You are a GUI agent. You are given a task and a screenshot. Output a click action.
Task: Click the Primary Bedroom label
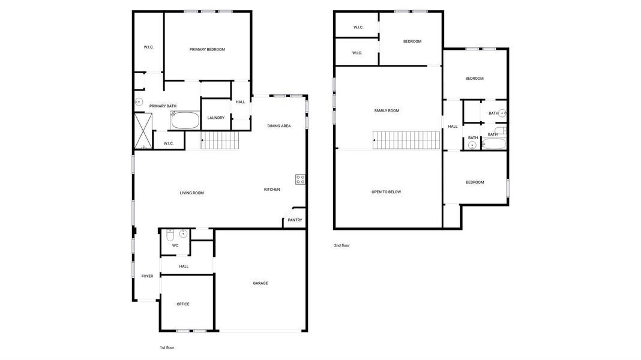click(207, 49)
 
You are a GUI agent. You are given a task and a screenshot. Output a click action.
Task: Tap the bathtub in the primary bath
click(184, 121)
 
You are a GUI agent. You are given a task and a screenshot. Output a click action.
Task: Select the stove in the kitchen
click(300, 179)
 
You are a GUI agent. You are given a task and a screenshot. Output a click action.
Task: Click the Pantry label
click(295, 220)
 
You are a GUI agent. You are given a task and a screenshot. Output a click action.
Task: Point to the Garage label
click(260, 283)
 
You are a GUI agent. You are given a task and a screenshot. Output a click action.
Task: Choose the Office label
click(183, 304)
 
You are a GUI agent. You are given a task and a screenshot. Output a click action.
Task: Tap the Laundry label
click(216, 118)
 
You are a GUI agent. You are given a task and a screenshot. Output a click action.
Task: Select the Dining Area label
click(279, 126)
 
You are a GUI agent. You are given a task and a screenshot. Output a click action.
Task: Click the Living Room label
click(192, 193)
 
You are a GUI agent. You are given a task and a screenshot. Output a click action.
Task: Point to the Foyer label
click(147, 276)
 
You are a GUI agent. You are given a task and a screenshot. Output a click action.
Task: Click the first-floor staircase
click(220, 141)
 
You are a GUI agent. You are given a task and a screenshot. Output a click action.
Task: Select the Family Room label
click(387, 110)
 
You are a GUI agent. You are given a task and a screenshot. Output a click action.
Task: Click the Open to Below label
click(386, 192)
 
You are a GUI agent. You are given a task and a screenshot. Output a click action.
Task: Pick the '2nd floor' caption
click(342, 245)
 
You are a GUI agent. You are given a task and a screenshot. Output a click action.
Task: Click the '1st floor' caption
click(167, 347)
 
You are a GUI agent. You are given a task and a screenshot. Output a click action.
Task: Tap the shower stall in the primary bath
click(143, 130)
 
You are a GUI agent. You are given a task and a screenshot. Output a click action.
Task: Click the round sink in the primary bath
click(139, 103)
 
